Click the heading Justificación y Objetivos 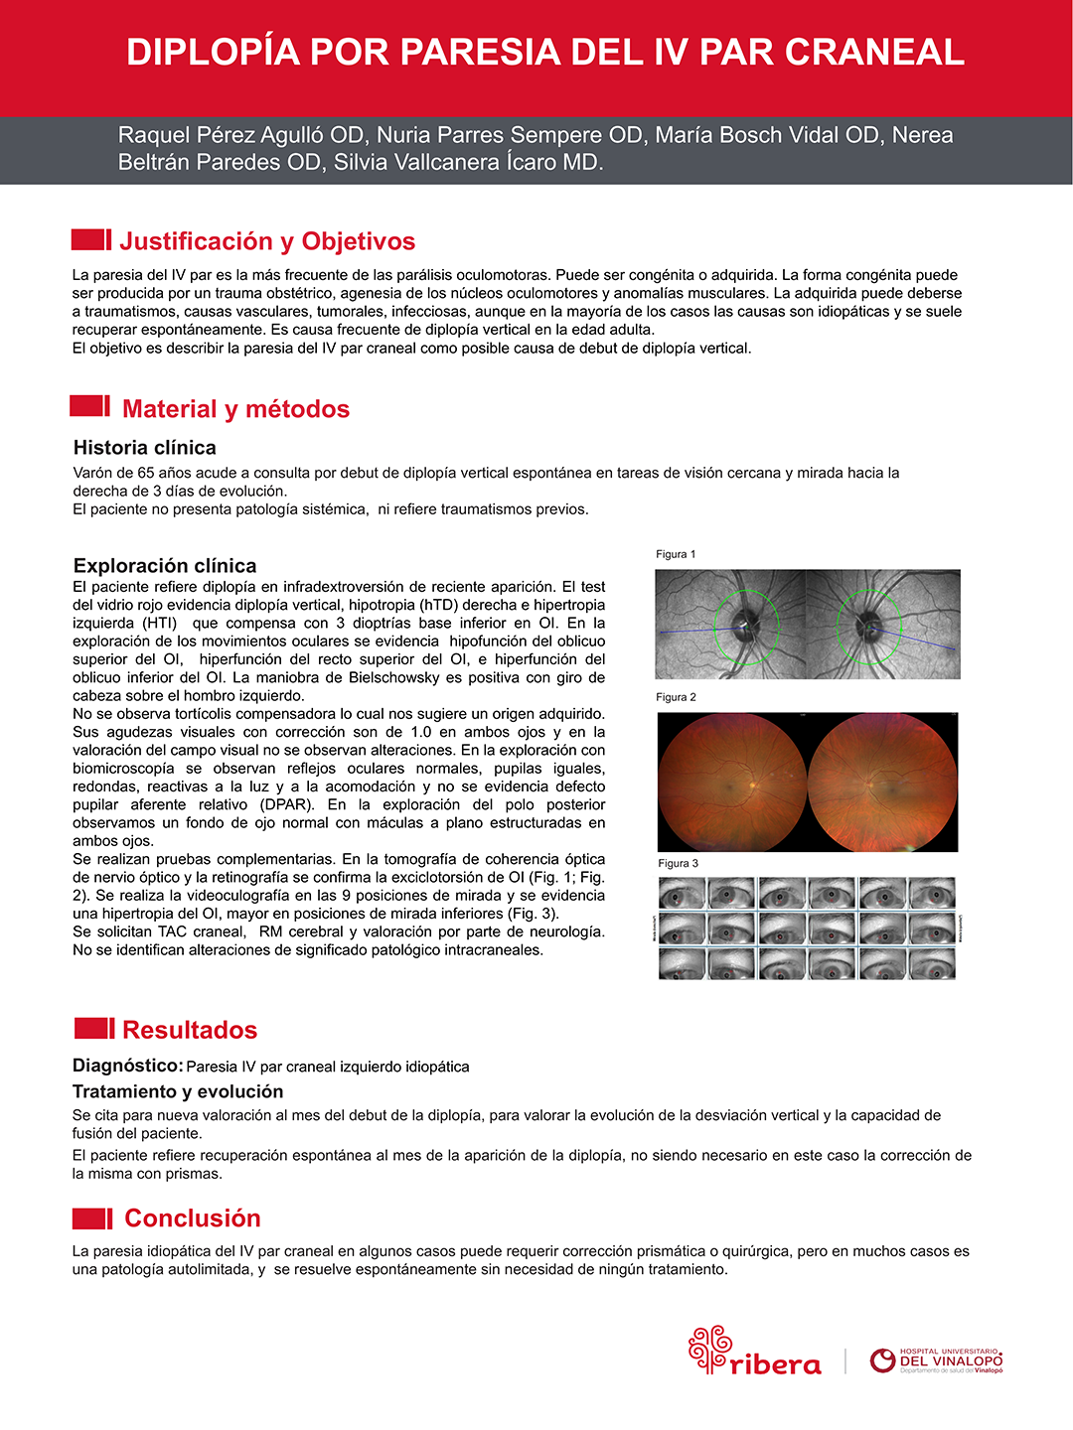coord(267,241)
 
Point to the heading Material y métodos coord(235,409)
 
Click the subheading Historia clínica coord(145,448)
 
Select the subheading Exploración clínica coord(165,566)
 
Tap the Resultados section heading coord(190,1030)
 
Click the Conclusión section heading coord(193,1218)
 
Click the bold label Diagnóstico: coord(127,1066)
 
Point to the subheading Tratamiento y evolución coord(178,1091)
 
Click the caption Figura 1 coord(676,554)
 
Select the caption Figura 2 coord(676,697)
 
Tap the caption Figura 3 coord(678,863)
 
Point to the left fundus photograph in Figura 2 coord(732,782)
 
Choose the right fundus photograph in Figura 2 coord(882,782)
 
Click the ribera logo coord(755,1352)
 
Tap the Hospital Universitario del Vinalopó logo coord(936,1360)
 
